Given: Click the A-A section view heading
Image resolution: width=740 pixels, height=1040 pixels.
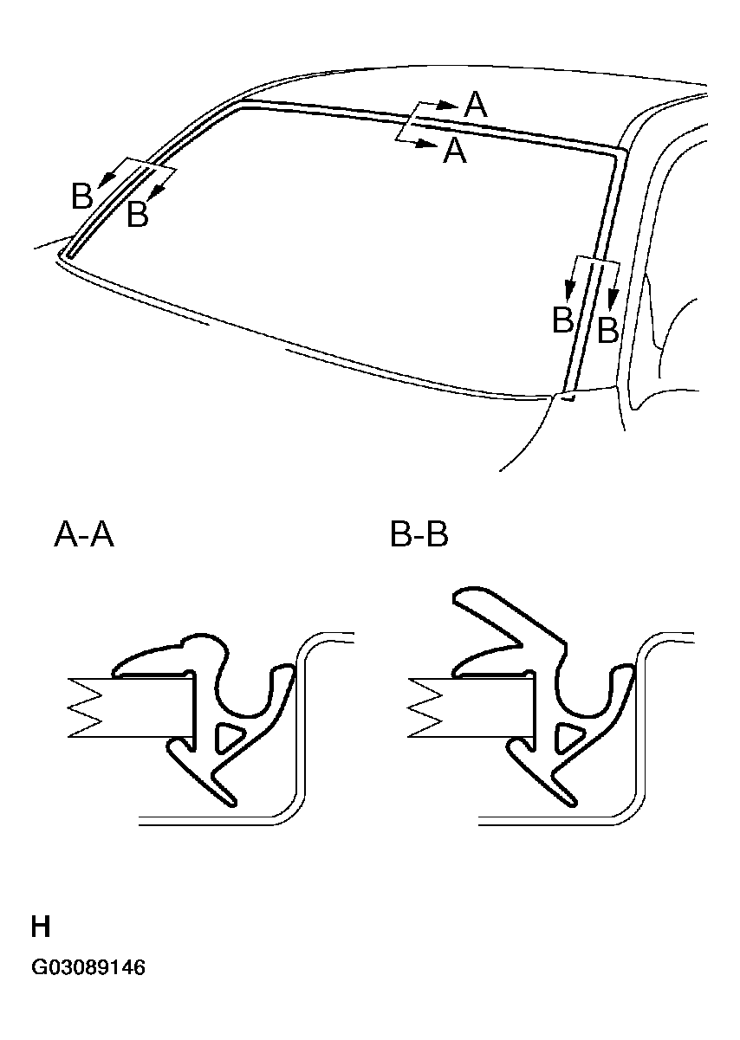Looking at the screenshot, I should click(84, 536).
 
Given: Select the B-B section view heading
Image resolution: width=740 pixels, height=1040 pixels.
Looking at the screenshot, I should click(419, 536).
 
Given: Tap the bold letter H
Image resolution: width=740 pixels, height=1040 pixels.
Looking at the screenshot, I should click(41, 928).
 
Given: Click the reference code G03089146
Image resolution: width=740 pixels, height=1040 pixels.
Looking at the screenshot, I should click(88, 967).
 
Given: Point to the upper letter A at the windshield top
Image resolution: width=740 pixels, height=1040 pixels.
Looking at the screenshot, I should click(476, 105).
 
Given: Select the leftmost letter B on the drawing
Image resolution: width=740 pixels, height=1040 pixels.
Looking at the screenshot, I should click(81, 197).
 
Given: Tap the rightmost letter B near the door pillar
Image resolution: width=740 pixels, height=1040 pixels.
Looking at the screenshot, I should click(608, 330).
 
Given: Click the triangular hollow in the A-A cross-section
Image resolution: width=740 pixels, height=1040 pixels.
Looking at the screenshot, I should click(226, 737).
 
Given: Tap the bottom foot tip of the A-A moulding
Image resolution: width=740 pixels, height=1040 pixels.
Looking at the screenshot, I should click(230, 798).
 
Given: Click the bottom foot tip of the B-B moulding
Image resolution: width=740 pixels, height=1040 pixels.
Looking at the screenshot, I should click(569, 798).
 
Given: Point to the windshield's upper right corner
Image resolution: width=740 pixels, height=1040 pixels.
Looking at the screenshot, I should click(620, 151).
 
